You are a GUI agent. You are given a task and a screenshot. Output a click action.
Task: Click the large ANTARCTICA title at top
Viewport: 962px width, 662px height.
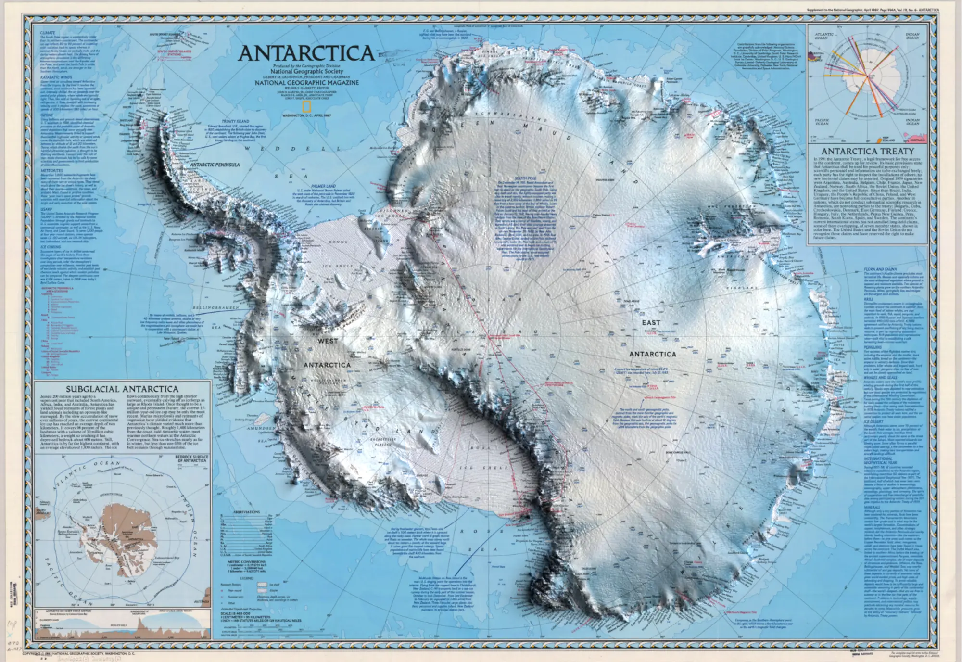click(x=306, y=53)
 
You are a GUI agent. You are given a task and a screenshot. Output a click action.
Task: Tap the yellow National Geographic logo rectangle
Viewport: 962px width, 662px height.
click(x=306, y=107)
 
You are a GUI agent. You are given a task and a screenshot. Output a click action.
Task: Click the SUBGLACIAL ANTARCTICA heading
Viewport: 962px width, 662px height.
click(x=122, y=389)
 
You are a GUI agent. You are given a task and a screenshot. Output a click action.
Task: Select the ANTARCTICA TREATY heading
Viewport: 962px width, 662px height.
click(x=867, y=151)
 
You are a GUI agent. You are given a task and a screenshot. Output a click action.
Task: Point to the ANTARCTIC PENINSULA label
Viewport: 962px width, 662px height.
click(x=215, y=165)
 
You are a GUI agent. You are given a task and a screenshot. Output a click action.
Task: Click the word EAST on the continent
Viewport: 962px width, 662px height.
click(x=651, y=323)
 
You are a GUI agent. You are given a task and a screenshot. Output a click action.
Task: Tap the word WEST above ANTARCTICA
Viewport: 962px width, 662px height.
click(x=328, y=341)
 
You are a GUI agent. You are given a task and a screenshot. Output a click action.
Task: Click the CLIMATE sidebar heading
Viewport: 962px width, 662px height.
click(x=48, y=33)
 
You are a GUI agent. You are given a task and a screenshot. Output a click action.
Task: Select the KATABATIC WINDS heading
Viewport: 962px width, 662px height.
click(x=56, y=77)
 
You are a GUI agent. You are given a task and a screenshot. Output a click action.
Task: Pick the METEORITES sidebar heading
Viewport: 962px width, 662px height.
click(x=51, y=170)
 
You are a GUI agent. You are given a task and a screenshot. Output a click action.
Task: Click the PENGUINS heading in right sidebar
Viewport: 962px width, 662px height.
click(x=873, y=347)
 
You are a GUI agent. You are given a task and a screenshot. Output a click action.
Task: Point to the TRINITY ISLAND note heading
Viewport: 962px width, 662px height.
click(x=235, y=122)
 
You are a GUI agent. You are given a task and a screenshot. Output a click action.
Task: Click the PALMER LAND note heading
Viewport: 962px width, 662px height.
click(x=323, y=186)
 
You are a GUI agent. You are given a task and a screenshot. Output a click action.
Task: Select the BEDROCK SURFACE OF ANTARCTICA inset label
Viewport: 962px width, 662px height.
click(x=192, y=458)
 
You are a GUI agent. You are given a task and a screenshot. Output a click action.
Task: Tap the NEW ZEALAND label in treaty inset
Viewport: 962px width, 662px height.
click(x=888, y=140)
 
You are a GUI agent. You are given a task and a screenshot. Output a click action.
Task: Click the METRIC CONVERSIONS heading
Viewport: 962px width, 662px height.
click(x=247, y=561)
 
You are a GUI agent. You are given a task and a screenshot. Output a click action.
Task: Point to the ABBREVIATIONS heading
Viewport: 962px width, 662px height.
click(x=246, y=512)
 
